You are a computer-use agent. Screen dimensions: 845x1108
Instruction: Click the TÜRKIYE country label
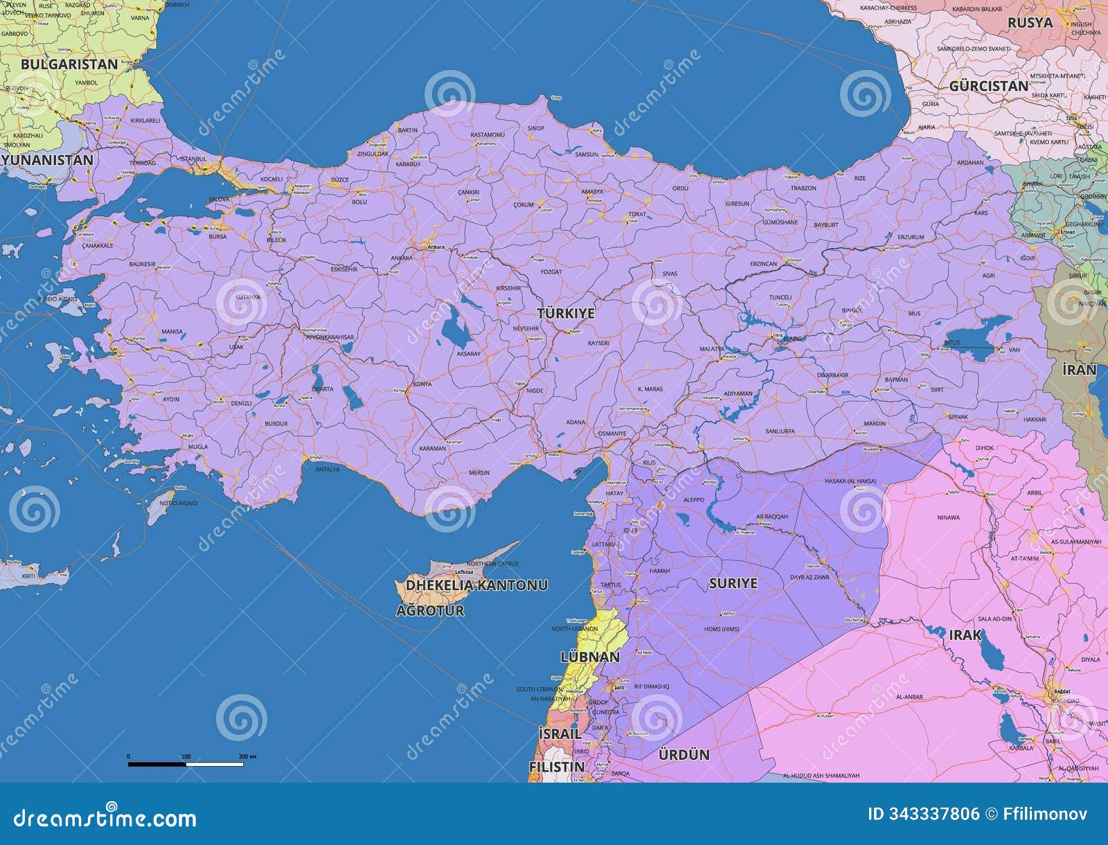point(566,313)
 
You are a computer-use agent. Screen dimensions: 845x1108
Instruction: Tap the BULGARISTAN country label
point(69,64)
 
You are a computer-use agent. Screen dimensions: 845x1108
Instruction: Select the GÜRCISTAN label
point(988,87)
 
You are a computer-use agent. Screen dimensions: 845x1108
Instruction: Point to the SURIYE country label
point(733,583)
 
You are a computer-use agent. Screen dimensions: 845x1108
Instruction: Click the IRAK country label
point(965,634)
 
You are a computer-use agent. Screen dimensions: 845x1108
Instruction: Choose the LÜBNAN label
point(589,656)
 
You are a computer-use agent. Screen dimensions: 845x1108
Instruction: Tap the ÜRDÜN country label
point(683,754)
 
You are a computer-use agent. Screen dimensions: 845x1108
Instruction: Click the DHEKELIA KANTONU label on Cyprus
point(476,585)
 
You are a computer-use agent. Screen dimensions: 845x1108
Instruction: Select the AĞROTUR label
point(430,610)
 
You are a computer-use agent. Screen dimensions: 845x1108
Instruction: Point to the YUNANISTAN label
point(47,160)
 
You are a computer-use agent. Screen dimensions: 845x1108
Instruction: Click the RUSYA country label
point(1030,22)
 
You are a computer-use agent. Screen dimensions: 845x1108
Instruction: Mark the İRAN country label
point(1080,370)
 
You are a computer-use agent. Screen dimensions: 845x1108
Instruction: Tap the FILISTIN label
point(556,767)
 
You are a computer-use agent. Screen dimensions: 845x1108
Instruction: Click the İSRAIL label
point(559,733)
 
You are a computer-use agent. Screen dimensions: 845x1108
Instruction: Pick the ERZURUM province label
point(911,237)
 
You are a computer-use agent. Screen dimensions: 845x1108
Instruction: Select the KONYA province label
point(422,384)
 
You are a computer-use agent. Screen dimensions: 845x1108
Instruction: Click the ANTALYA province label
point(327,469)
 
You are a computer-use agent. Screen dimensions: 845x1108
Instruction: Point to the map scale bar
point(186,764)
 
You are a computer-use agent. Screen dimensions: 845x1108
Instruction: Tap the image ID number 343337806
point(924,814)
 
